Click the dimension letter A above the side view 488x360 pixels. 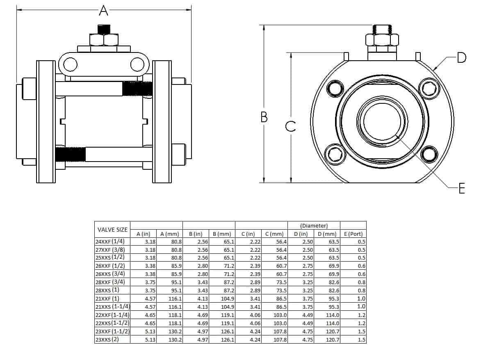pyautogui.click(x=104, y=10)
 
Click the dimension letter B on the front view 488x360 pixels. pyautogui.click(x=264, y=117)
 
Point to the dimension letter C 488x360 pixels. pyautogui.click(x=290, y=127)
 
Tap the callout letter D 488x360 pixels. pyautogui.click(x=462, y=58)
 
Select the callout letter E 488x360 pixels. pyautogui.click(x=462, y=189)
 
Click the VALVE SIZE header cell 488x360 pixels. pyautogui.click(x=112, y=230)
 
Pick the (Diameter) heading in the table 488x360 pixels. pyautogui.click(x=314, y=226)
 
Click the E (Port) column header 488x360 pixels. pyautogui.click(x=353, y=234)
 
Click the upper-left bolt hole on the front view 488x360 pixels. pyautogui.click(x=335, y=88)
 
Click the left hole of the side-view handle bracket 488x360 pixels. pyautogui.click(x=70, y=64)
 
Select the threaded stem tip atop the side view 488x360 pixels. pyautogui.click(x=104, y=30)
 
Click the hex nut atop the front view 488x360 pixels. pyautogui.click(x=382, y=40)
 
